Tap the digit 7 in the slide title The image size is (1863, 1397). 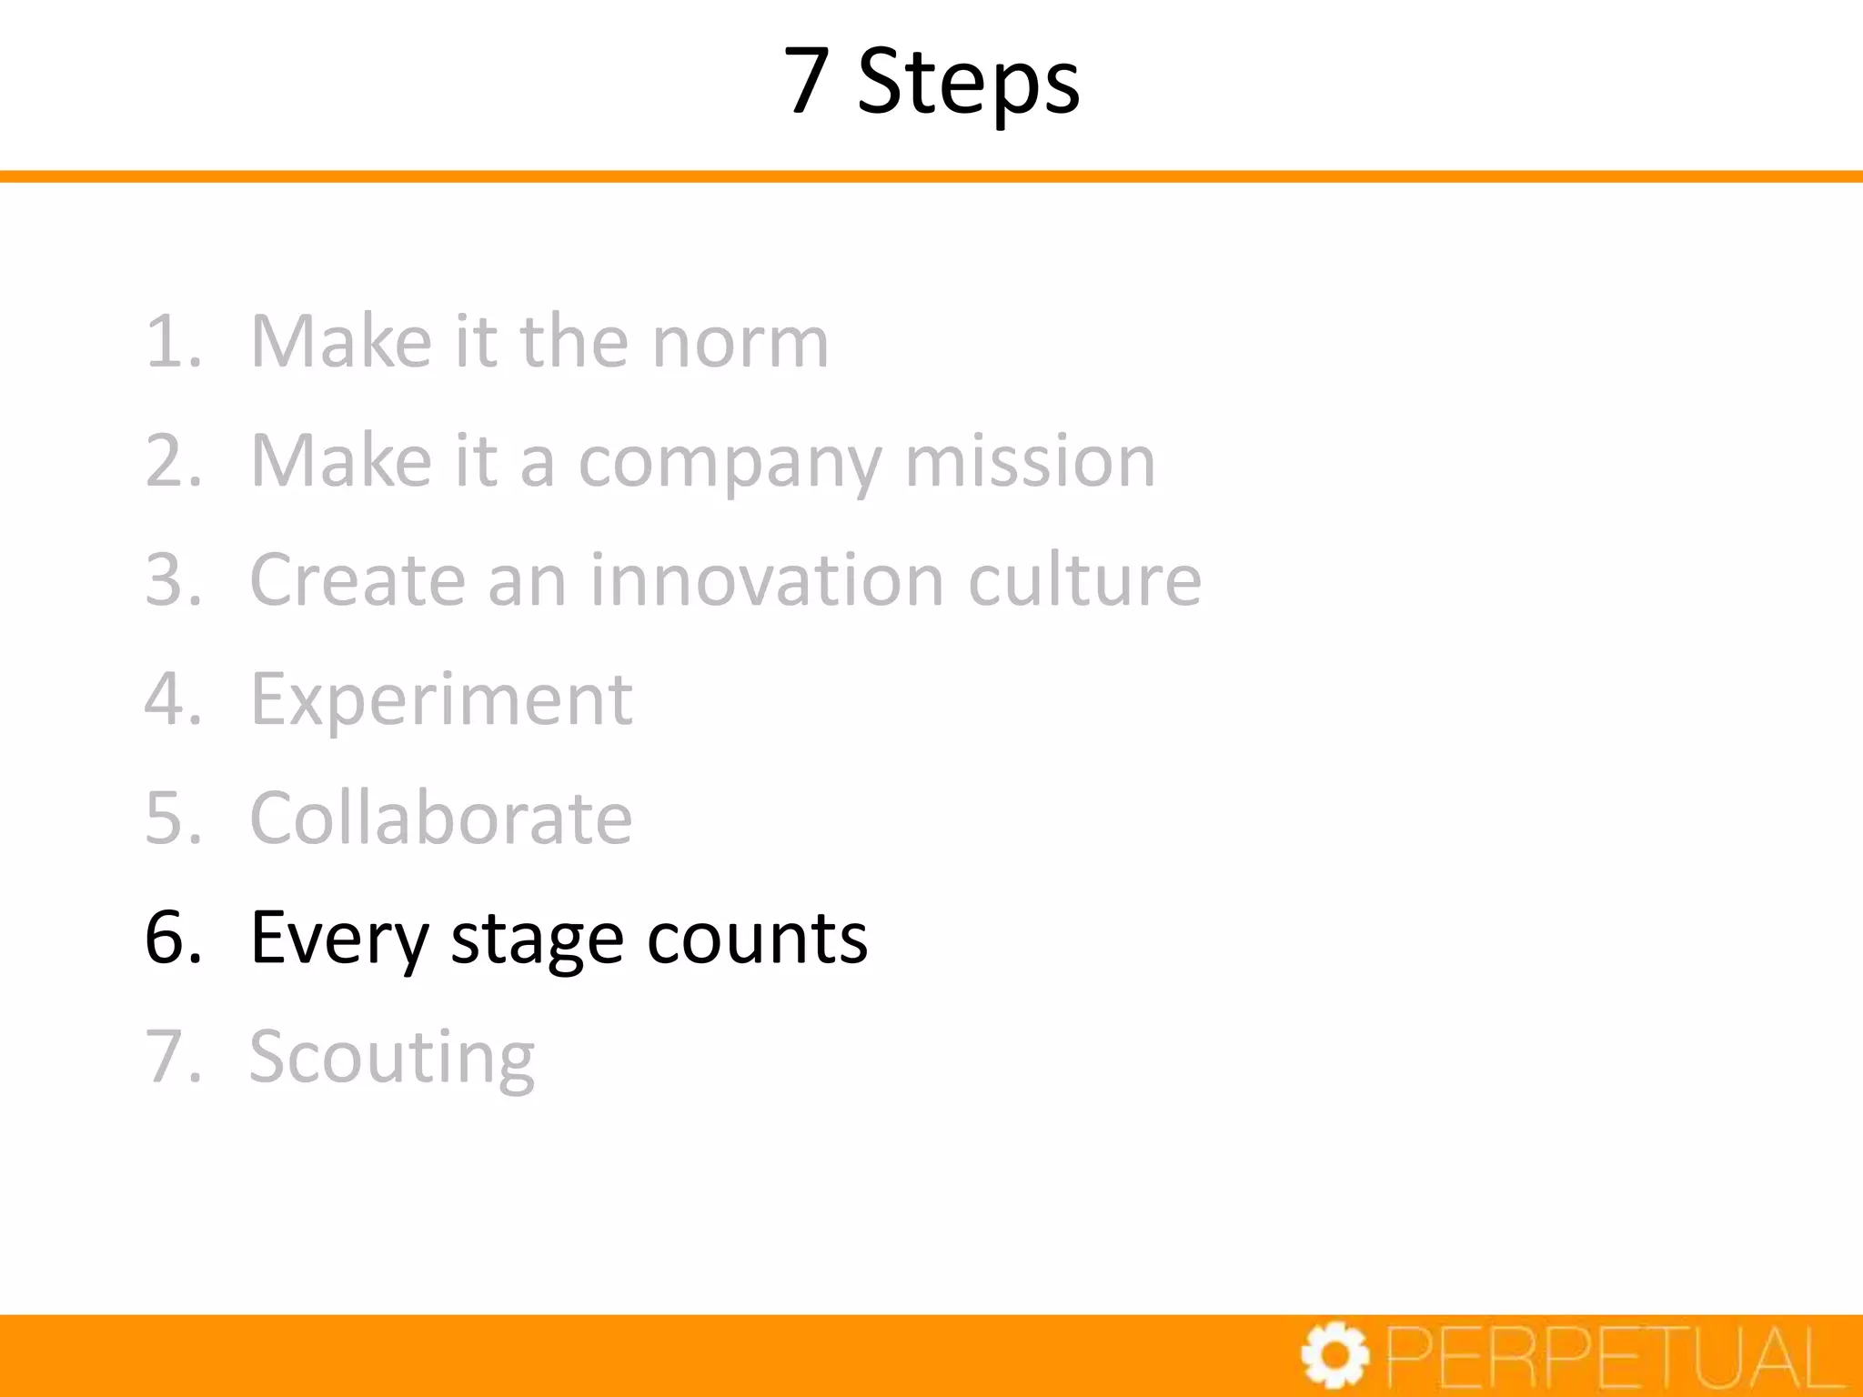[807, 82]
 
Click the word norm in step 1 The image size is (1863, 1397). [740, 342]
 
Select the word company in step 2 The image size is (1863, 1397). [730, 462]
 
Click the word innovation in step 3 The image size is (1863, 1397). [767, 580]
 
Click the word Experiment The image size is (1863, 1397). [441, 700]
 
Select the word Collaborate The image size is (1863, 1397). [441, 819]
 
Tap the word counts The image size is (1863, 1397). [757, 939]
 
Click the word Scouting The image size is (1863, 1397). [392, 1058]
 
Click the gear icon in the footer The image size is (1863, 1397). [1334, 1356]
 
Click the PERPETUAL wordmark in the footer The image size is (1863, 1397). [1616, 1357]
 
